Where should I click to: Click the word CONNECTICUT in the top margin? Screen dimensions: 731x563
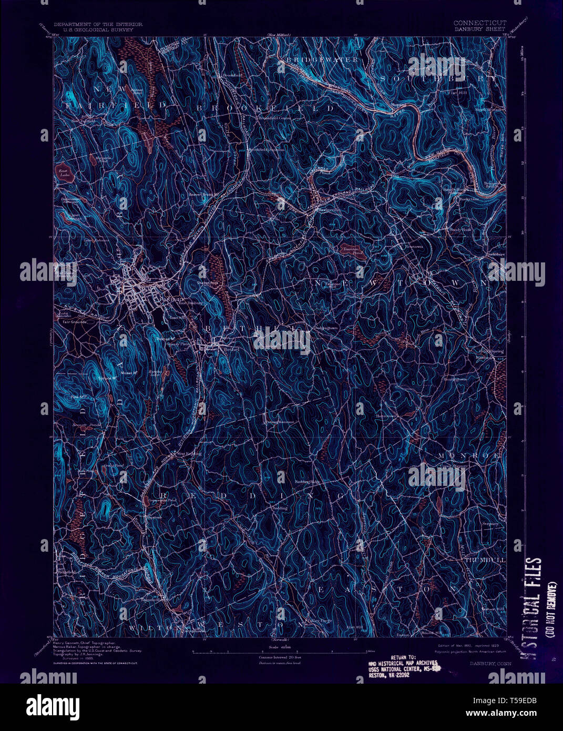[479, 23]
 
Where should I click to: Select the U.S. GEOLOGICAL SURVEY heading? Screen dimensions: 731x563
[93, 30]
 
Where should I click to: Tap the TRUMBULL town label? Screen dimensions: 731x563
[485, 561]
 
